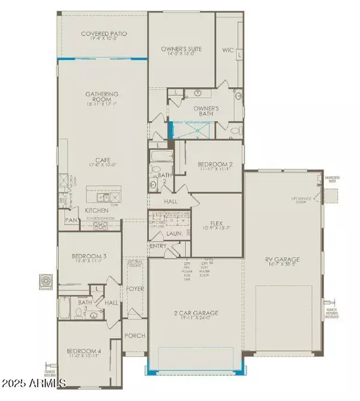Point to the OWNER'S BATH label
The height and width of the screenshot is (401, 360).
pyautogui.click(x=205, y=108)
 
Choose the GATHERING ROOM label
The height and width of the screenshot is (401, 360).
pyautogui.click(x=101, y=94)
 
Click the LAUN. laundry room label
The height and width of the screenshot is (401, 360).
pyautogui.click(x=175, y=234)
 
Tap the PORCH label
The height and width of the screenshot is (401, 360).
pyautogui.click(x=134, y=336)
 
